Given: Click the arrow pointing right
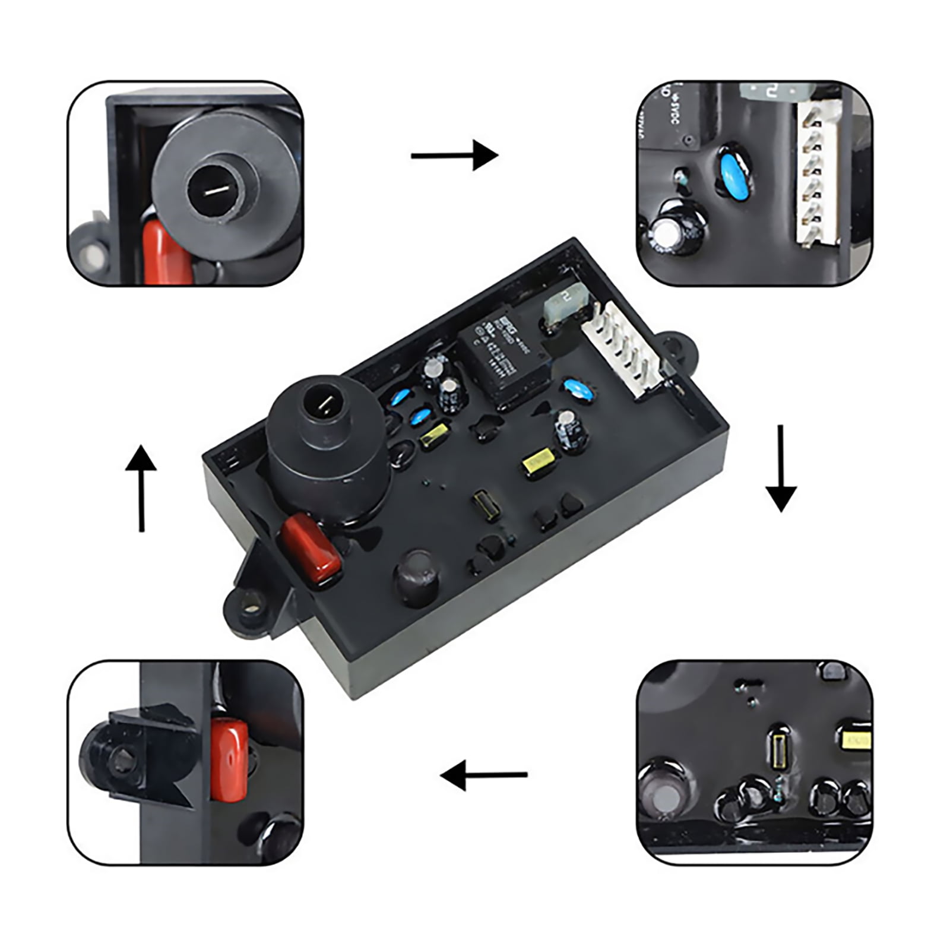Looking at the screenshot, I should tap(454, 156).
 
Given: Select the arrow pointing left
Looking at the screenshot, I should tap(484, 775).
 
